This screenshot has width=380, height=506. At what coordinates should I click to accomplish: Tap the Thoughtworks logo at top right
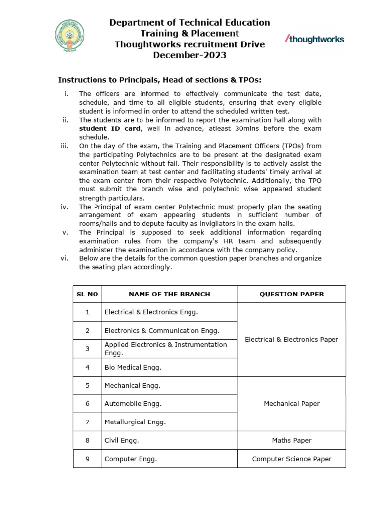pyautogui.click(x=315, y=39)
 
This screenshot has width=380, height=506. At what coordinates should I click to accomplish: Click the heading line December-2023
pyautogui.click(x=190, y=55)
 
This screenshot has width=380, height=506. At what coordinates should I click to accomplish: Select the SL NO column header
pyautogui.click(x=87, y=294)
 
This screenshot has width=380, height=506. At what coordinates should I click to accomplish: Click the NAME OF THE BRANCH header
pyautogui.click(x=169, y=294)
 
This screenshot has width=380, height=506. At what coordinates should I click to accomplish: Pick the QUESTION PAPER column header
pyautogui.click(x=291, y=294)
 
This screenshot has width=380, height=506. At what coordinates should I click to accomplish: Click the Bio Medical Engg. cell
pyautogui.click(x=133, y=367)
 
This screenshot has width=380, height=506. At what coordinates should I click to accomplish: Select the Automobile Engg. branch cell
pyautogui.click(x=133, y=404)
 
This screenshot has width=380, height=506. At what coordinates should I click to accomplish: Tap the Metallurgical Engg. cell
pyautogui.click(x=135, y=422)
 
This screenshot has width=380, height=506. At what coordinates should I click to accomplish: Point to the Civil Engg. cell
pyautogui.click(x=122, y=440)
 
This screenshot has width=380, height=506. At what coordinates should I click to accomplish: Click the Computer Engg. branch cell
pyautogui.click(x=131, y=459)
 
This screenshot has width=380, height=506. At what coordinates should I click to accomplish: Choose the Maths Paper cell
pyautogui.click(x=291, y=440)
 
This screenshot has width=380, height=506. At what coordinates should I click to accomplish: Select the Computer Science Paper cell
pyautogui.click(x=291, y=459)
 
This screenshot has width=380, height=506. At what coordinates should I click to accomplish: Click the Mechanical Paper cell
pyautogui.click(x=291, y=404)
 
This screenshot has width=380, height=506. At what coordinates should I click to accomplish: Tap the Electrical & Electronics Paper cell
pyautogui.click(x=291, y=339)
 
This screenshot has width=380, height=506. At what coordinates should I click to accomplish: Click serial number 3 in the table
pyautogui.click(x=87, y=349)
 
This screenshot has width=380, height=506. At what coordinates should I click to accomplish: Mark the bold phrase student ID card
pyautogui.click(x=109, y=128)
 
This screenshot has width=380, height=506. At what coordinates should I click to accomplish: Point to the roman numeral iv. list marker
pyautogui.click(x=64, y=207)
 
